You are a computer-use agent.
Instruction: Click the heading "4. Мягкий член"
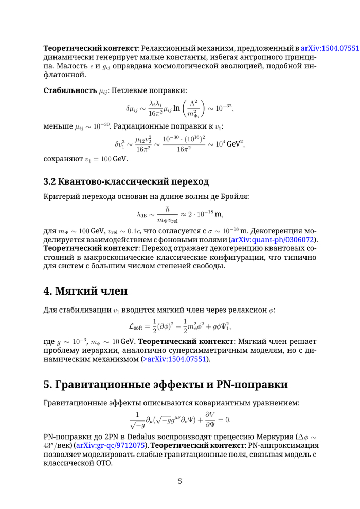point(85,291)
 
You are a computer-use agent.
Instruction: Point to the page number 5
point(179,481)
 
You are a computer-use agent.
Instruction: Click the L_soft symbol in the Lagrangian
point(136,326)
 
